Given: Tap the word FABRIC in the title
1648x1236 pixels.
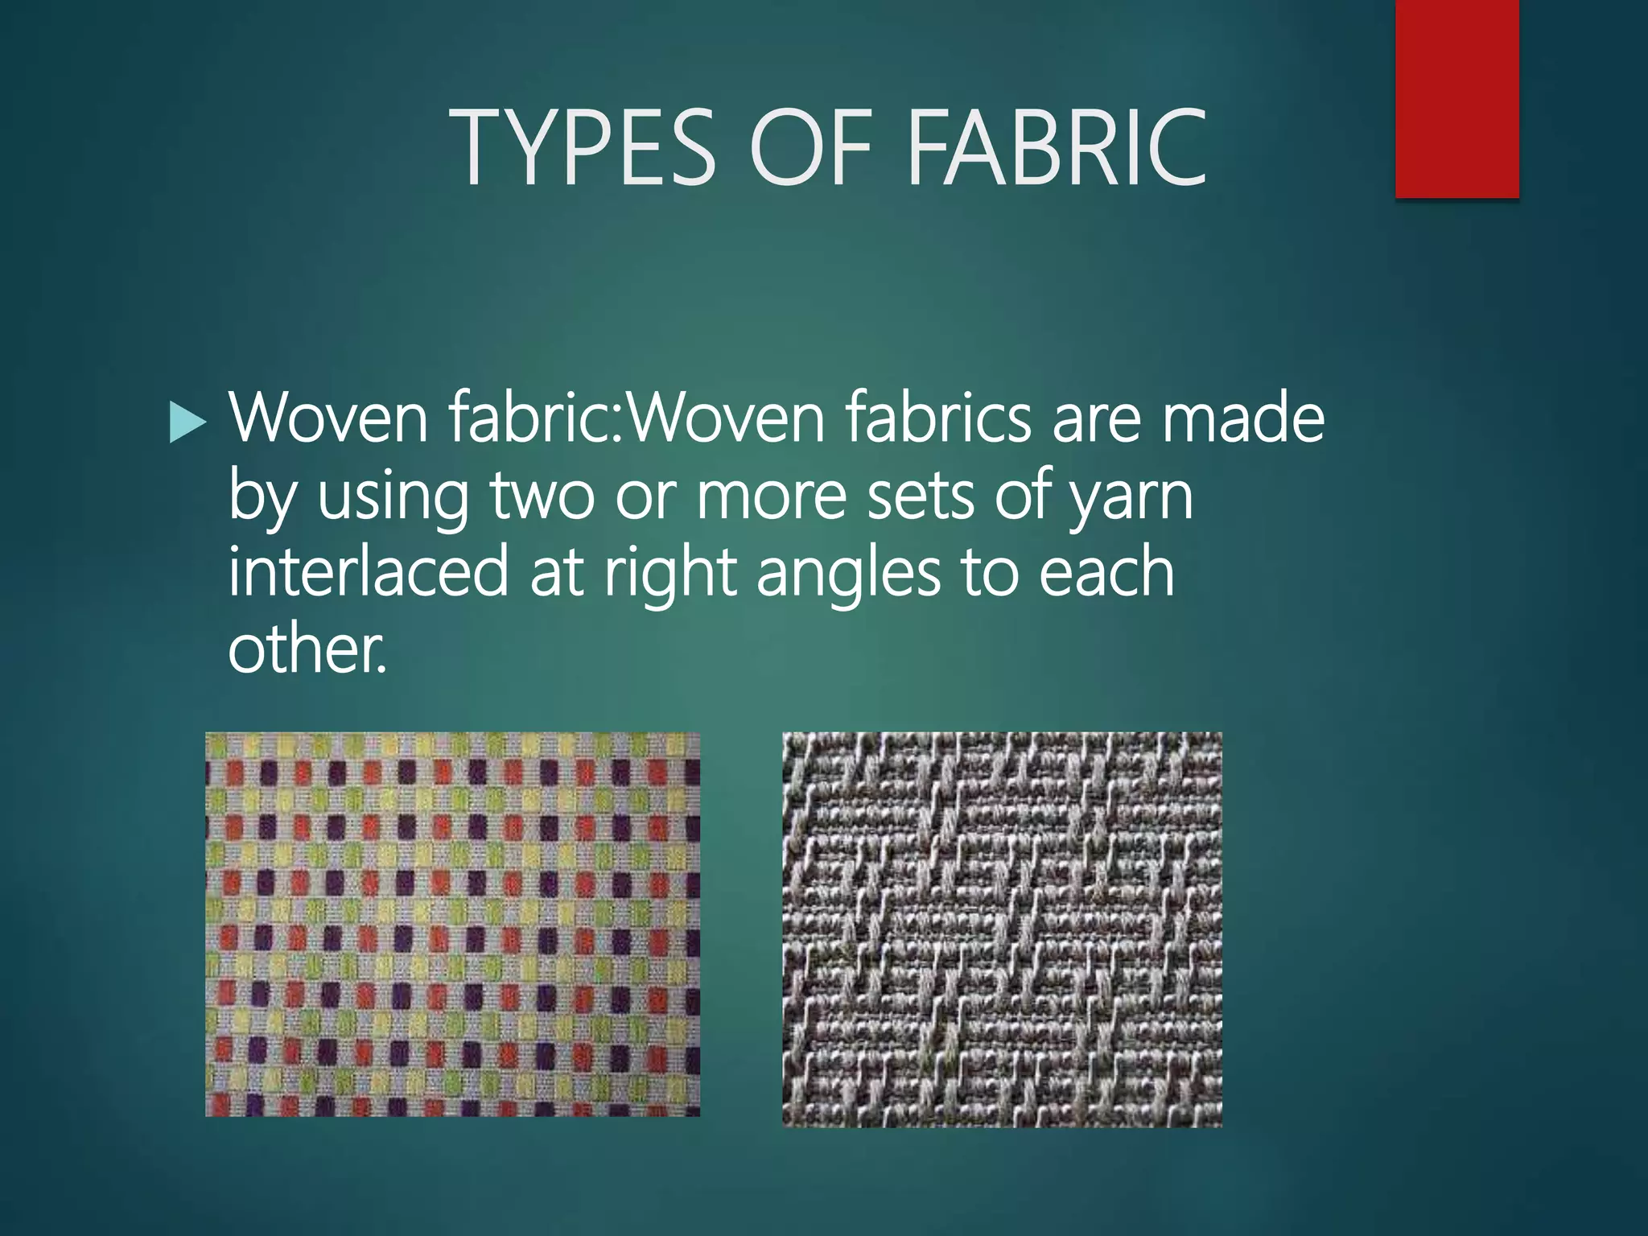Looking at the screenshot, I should [x=1057, y=148].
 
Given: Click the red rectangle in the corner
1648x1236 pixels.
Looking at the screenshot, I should [x=1456, y=98].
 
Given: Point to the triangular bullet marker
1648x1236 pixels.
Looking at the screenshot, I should [x=188, y=422].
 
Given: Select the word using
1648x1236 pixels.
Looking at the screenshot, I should [x=393, y=496].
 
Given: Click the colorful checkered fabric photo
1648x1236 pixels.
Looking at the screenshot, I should [x=452, y=924].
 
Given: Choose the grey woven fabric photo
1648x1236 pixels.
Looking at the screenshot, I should [x=1002, y=929].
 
